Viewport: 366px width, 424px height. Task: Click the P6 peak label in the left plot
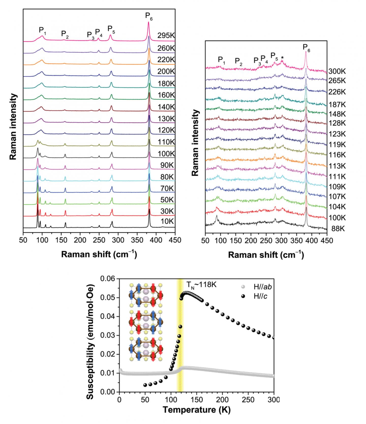pyautogui.click(x=149, y=16)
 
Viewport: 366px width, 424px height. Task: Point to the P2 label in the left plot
pyautogui.click(x=65, y=34)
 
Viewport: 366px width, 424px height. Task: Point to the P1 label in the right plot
pyautogui.click(x=221, y=60)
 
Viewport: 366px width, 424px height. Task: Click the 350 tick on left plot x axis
pyautogui.click(x=137, y=240)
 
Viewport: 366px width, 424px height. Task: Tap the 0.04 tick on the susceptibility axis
pyautogui.click(x=108, y=317)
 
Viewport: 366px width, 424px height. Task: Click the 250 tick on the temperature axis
pyautogui.click(x=248, y=400)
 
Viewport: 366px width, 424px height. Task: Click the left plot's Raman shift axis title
pyautogui.click(x=99, y=254)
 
